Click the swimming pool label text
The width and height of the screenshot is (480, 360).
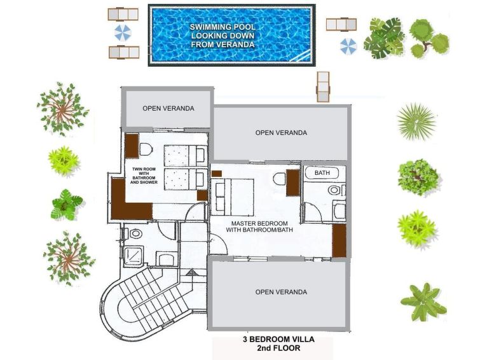tap(223, 36)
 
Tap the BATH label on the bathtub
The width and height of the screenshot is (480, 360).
tap(322, 173)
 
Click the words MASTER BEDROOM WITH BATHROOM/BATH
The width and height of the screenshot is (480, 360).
tap(259, 226)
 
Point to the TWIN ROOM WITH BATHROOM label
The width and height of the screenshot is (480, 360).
tap(144, 176)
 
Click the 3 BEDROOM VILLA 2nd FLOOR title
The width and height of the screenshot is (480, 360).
tap(278, 343)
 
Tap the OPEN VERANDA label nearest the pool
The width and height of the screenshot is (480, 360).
tap(168, 109)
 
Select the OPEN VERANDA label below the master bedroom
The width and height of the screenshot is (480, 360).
tap(281, 292)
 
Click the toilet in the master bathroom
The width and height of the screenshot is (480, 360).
tap(334, 190)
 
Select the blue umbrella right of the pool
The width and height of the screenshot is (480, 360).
tap(348, 46)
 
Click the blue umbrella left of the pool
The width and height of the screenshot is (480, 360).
tap(123, 33)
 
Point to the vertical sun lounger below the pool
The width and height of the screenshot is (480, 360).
tap(323, 87)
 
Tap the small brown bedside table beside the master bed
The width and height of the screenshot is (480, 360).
tap(216, 174)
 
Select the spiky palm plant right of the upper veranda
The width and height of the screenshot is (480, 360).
tap(416, 121)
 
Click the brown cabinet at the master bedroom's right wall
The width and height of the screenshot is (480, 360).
tap(339, 241)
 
